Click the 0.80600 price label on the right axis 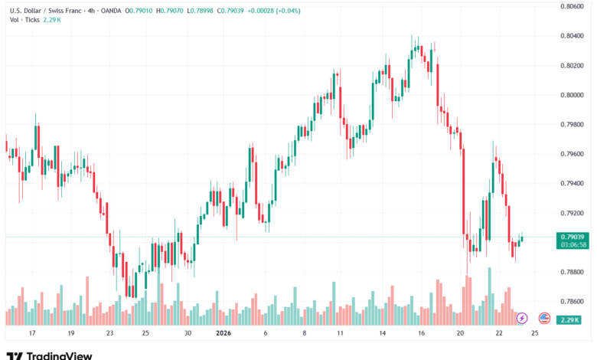pyautogui.click(x=573, y=5)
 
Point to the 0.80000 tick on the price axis pyautogui.click(x=573, y=94)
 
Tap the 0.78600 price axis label pyautogui.click(x=573, y=302)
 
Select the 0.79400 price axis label pyautogui.click(x=573, y=183)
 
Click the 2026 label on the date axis pyautogui.click(x=223, y=334)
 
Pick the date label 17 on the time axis pyautogui.click(x=31, y=334)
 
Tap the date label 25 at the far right pyautogui.click(x=534, y=334)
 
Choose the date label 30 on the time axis pyautogui.click(x=188, y=334)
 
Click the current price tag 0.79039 pyautogui.click(x=573, y=237)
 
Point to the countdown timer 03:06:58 pyautogui.click(x=573, y=245)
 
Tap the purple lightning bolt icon pyautogui.click(x=522, y=317)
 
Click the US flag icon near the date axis pyautogui.click(x=545, y=317)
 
